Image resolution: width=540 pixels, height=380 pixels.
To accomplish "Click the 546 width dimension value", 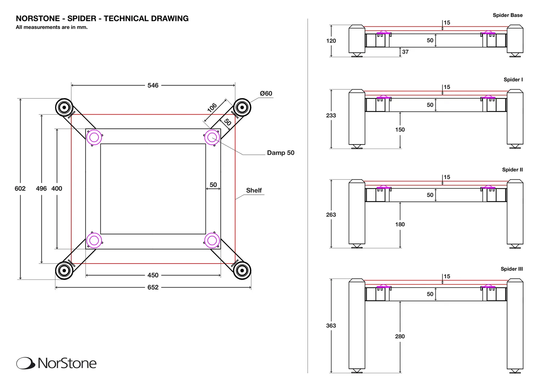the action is [x=153, y=85].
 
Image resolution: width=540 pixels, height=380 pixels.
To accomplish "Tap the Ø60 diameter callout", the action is [x=266, y=93].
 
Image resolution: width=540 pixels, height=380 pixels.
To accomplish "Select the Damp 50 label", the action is [x=280, y=153].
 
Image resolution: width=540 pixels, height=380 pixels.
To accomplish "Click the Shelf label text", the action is [x=254, y=190].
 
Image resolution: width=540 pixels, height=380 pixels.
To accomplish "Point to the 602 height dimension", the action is [x=20, y=189].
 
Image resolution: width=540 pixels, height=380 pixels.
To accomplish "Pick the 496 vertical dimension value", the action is [x=41, y=189].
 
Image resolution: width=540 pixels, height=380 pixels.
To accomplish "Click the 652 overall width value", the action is [x=153, y=287].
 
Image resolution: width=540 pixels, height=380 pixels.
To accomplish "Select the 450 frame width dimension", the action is [x=153, y=275].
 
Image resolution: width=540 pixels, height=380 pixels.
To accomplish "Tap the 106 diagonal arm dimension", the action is [x=212, y=108].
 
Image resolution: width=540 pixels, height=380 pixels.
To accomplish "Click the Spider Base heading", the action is [x=508, y=15].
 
